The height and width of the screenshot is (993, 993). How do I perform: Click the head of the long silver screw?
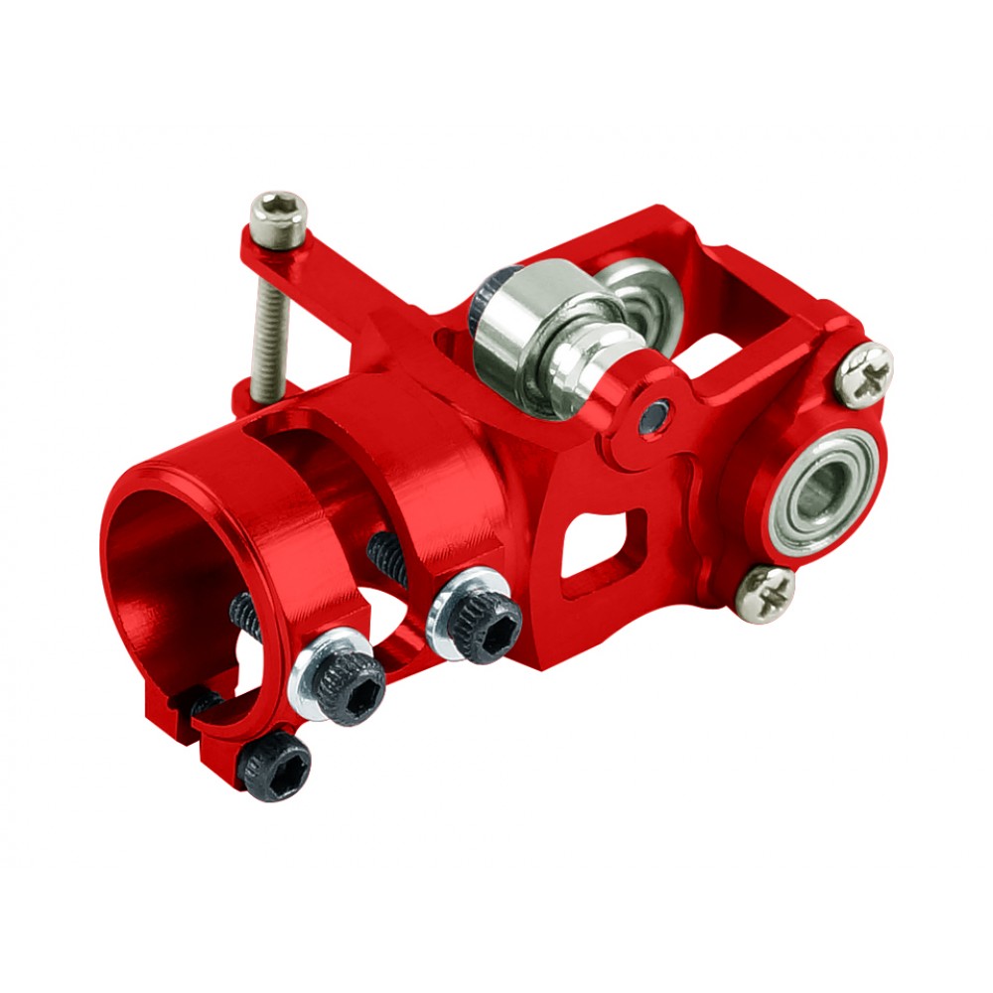(x=279, y=217)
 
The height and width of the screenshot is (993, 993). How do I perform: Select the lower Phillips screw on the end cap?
(x=767, y=592)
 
